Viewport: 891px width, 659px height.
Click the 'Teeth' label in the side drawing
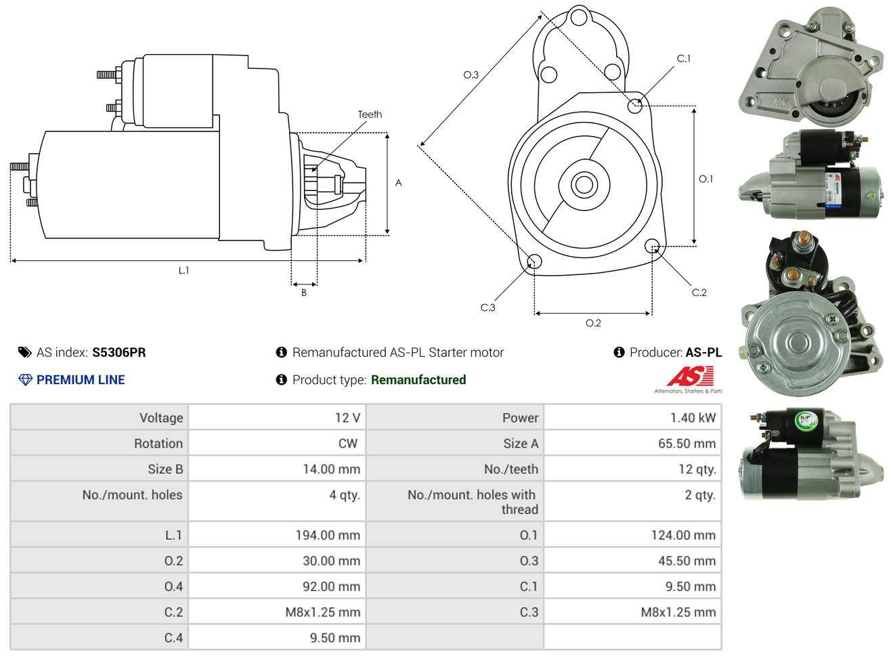370,114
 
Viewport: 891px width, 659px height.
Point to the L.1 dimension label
183,270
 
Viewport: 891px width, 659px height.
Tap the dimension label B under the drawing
304,293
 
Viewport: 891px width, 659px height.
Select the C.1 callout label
684,58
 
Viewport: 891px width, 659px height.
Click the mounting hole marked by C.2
651,246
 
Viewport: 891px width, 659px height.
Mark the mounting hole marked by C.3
534,261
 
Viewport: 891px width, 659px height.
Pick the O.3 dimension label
471,75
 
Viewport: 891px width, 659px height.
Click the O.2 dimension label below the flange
593,323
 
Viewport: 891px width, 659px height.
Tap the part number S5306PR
119,352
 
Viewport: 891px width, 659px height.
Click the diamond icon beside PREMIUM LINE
25,380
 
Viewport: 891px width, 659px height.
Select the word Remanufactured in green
418,380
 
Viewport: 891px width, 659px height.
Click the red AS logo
690,376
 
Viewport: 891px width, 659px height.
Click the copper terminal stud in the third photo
803,240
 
